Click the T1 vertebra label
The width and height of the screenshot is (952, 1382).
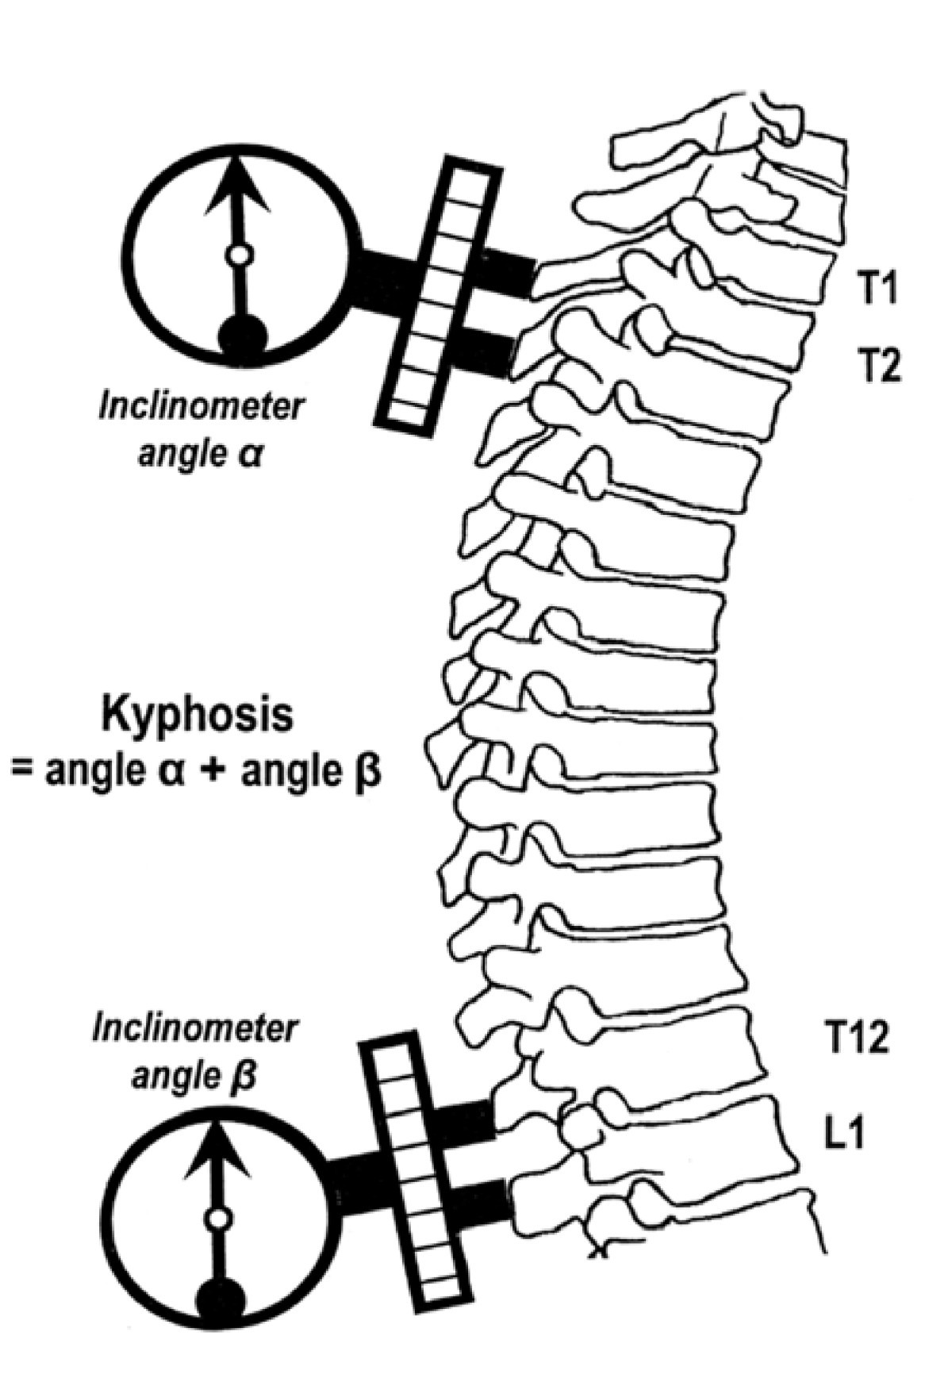coord(880,290)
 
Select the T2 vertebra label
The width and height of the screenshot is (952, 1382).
coord(880,367)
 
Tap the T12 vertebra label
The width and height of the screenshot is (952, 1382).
coord(854,1037)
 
